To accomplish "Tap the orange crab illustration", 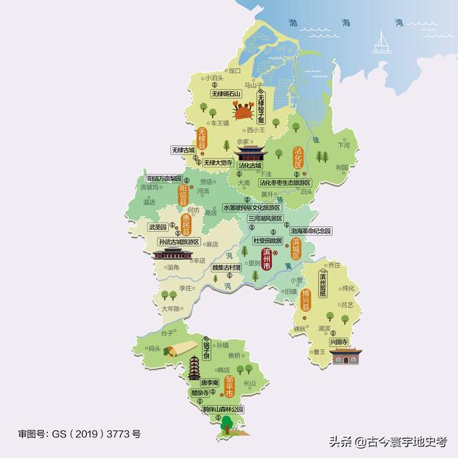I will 243,110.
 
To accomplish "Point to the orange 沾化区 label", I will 298,157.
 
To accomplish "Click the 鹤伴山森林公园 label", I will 223,409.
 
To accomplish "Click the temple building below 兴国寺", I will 346,356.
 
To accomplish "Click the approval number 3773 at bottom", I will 118,434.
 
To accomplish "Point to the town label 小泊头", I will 214,77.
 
